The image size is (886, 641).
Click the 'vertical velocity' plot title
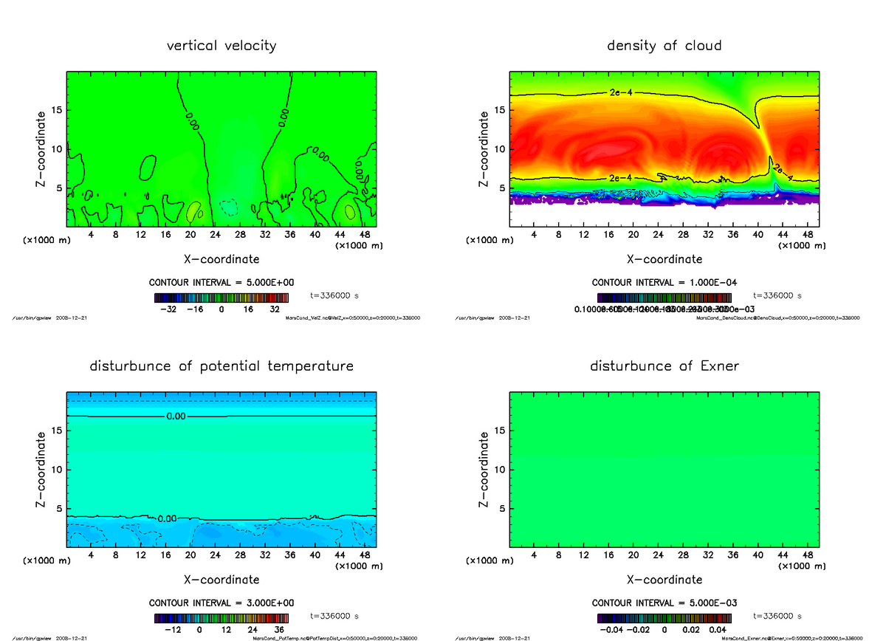(221, 46)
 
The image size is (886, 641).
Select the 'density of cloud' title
(664, 46)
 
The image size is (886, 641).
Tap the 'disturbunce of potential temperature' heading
(221, 366)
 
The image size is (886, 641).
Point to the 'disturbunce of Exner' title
(664, 366)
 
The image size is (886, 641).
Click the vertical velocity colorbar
(221, 298)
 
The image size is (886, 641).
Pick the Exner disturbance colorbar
(664, 619)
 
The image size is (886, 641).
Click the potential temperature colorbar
(221, 619)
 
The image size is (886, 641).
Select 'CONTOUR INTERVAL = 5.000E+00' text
(221, 283)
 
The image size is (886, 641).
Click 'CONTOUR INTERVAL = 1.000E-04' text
(664, 283)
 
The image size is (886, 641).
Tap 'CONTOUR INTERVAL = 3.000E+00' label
(221, 603)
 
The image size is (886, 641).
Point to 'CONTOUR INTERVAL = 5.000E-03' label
(664, 603)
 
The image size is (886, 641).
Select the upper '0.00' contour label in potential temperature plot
(176, 417)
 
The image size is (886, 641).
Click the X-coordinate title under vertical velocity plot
(221, 259)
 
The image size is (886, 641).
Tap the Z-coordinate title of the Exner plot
(484, 470)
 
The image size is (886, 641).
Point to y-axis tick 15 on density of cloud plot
(500, 110)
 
